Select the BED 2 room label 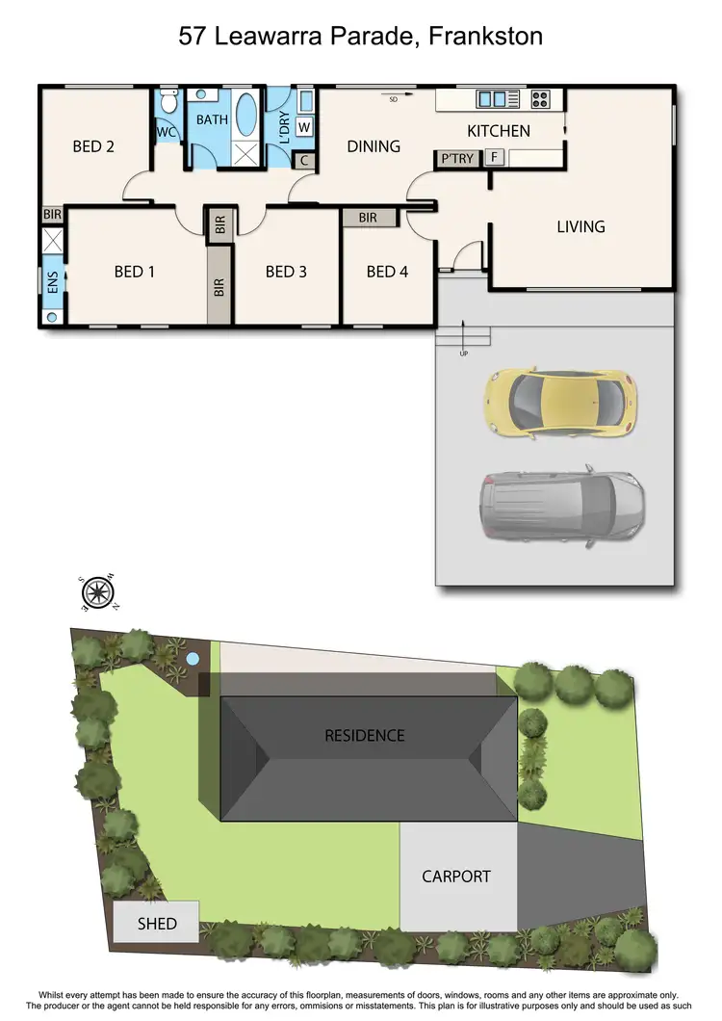pyautogui.click(x=93, y=146)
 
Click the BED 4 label pyautogui.click(x=387, y=272)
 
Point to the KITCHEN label pyautogui.click(x=499, y=130)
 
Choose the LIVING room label pyautogui.click(x=580, y=226)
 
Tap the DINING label pyautogui.click(x=374, y=146)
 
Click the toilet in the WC pyautogui.click(x=168, y=102)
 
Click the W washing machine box pyautogui.click(x=304, y=126)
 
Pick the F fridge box pyautogui.click(x=494, y=157)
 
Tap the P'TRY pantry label pyautogui.click(x=457, y=158)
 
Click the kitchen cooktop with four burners pyautogui.click(x=536, y=98)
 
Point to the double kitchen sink pyautogui.click(x=492, y=98)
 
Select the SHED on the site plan pyautogui.click(x=156, y=923)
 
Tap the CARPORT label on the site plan pyautogui.click(x=456, y=877)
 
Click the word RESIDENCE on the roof pyautogui.click(x=364, y=735)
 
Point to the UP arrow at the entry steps pyautogui.click(x=463, y=338)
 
